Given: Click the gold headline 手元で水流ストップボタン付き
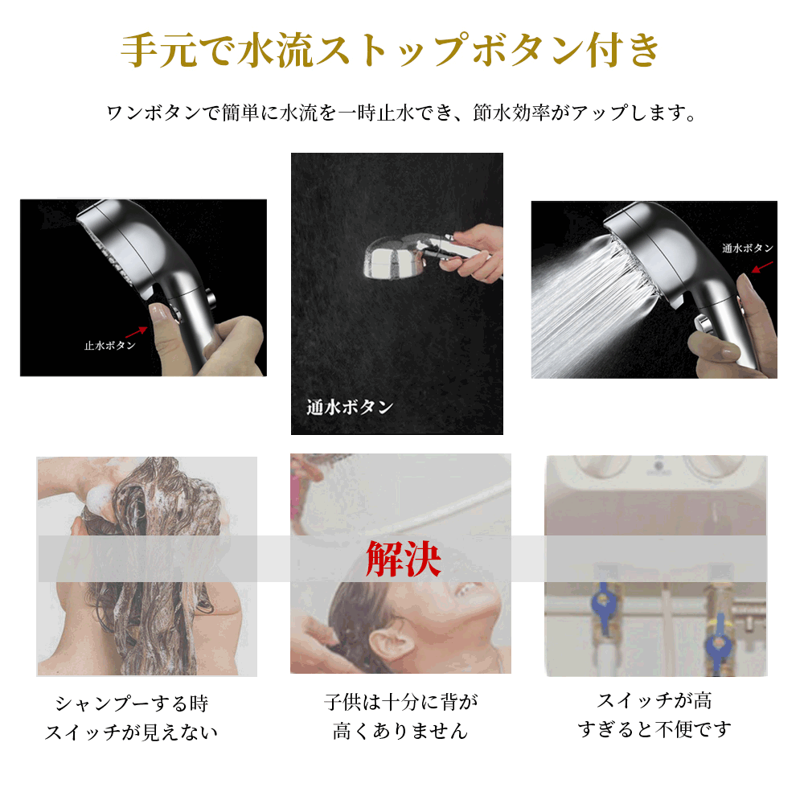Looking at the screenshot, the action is [x=390, y=50].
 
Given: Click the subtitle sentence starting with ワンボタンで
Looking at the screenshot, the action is [x=401, y=113].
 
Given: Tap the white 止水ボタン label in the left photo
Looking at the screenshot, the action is [x=109, y=346].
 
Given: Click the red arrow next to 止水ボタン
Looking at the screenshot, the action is [x=137, y=332].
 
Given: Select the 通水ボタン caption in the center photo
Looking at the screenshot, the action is [x=350, y=407].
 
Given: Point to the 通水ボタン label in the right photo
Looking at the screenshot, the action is [x=748, y=248].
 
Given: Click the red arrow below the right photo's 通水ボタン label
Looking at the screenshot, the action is [x=762, y=267].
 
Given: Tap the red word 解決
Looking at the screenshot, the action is [x=403, y=560].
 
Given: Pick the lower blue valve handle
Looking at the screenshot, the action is [x=718, y=643].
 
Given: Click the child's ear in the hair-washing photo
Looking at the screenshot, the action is [x=388, y=646].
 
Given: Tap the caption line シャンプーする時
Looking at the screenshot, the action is [x=132, y=703].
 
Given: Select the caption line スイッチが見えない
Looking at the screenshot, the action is [x=131, y=732].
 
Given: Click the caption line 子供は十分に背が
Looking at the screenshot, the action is [x=400, y=701].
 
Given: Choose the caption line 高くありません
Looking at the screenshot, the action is [x=400, y=730].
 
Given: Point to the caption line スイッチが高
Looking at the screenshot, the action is [x=654, y=700].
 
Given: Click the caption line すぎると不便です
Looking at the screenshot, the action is [x=654, y=728].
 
